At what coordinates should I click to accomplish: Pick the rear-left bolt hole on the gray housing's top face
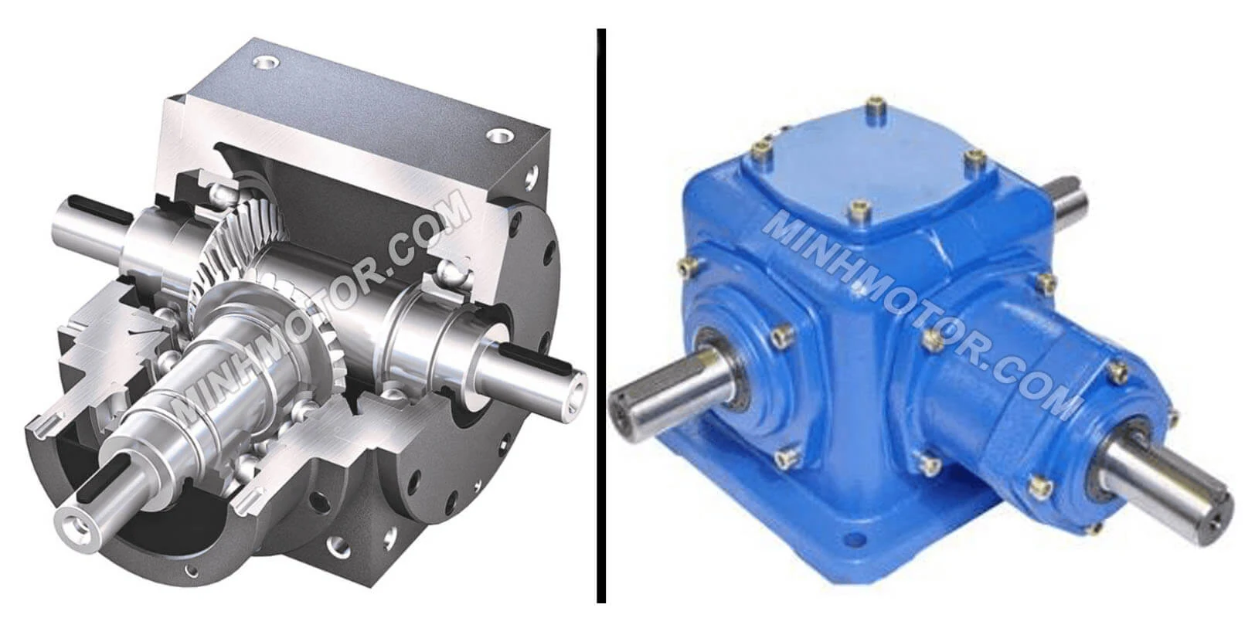(x=266, y=62)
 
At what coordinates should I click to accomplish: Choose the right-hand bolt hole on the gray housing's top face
(x=498, y=136)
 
